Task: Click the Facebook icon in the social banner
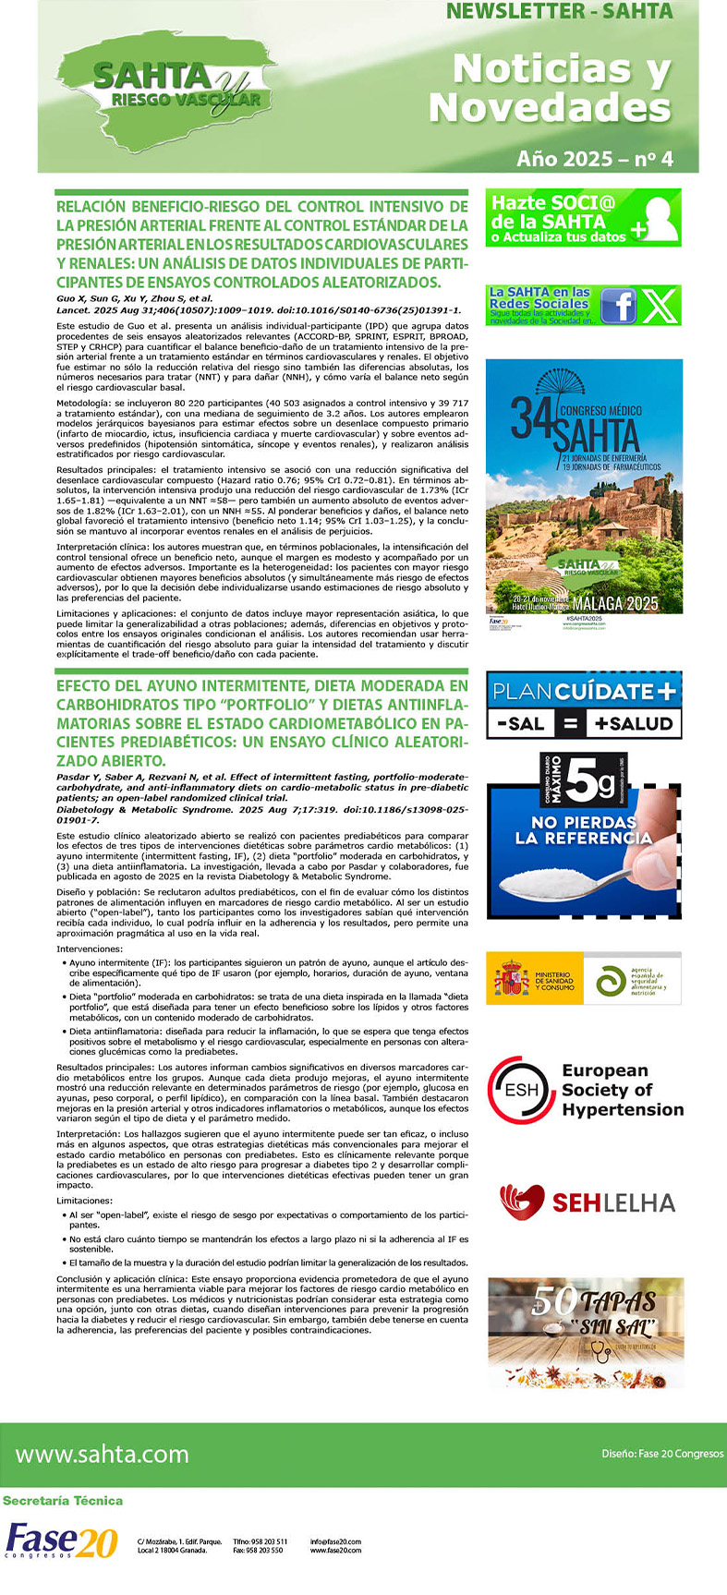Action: click(618, 306)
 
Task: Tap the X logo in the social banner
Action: click(660, 306)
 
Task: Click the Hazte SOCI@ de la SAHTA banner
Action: click(583, 218)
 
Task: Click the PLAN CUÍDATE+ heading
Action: click(584, 691)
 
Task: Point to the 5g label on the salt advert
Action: click(589, 783)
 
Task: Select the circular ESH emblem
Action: click(522, 1090)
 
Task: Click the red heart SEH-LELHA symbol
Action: click(522, 1202)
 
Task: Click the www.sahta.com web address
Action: click(103, 1455)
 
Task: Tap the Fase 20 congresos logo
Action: click(61, 1541)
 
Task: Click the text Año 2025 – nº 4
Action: click(594, 159)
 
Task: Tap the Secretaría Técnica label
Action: click(63, 1501)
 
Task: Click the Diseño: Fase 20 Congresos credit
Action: click(662, 1454)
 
